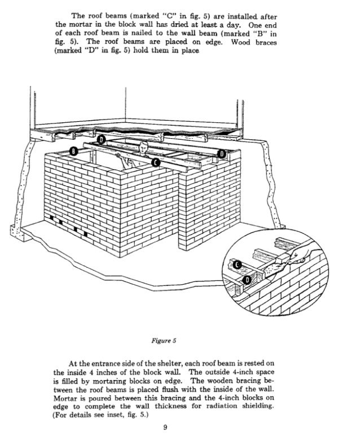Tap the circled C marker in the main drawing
tap(156, 162)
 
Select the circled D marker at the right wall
tap(222, 153)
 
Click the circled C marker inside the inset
tap(238, 264)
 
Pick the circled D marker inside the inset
tap(247, 279)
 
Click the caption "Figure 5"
tap(166, 341)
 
